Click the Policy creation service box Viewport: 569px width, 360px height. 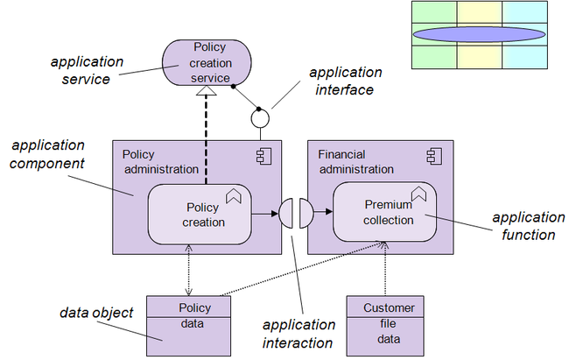[x=207, y=62]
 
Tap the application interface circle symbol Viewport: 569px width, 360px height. [x=260, y=119]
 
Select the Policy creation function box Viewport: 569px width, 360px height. [x=200, y=215]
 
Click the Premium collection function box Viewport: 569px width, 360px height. [x=384, y=212]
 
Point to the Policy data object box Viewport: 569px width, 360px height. [x=188, y=326]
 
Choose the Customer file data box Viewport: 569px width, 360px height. [x=385, y=326]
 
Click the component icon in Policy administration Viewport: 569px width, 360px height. [x=263, y=157]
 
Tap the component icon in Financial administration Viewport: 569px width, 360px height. [x=434, y=157]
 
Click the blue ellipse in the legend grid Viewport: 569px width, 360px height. [x=479, y=34]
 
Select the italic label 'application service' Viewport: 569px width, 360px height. [x=87, y=70]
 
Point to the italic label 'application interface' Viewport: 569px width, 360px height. [x=345, y=81]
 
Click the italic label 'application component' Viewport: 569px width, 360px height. [x=47, y=154]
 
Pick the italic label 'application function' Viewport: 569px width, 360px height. [x=529, y=226]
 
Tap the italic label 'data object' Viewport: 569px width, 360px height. [x=96, y=313]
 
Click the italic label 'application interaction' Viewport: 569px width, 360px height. [x=299, y=334]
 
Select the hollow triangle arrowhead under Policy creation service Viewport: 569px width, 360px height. [x=206, y=90]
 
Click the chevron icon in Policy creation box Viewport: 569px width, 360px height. [x=234, y=196]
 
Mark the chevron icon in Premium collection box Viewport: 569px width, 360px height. [x=418, y=194]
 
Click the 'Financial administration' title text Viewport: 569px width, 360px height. [x=355, y=162]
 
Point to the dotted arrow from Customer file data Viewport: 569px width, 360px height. [x=385, y=269]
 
